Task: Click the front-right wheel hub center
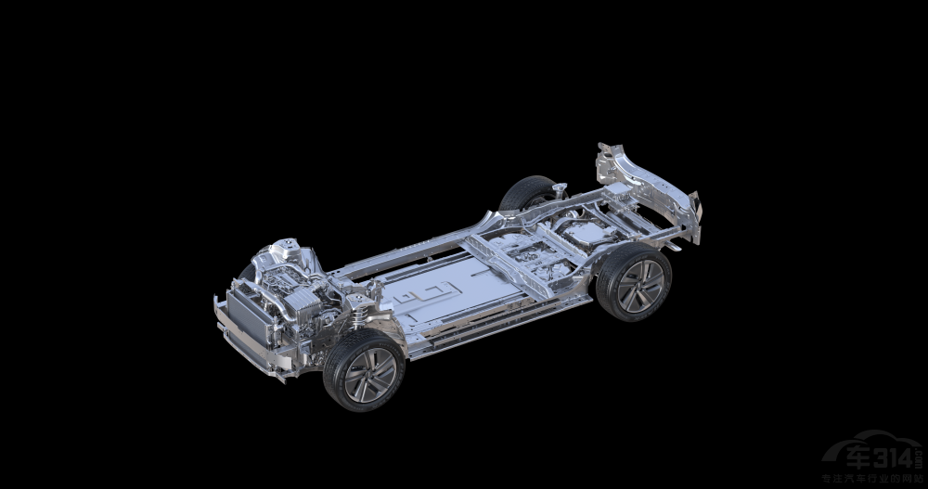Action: click(x=370, y=375)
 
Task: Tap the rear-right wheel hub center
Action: click(x=639, y=284)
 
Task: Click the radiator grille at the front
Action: click(x=244, y=314)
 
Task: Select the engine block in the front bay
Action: click(x=288, y=278)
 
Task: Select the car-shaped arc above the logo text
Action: click(x=877, y=436)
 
